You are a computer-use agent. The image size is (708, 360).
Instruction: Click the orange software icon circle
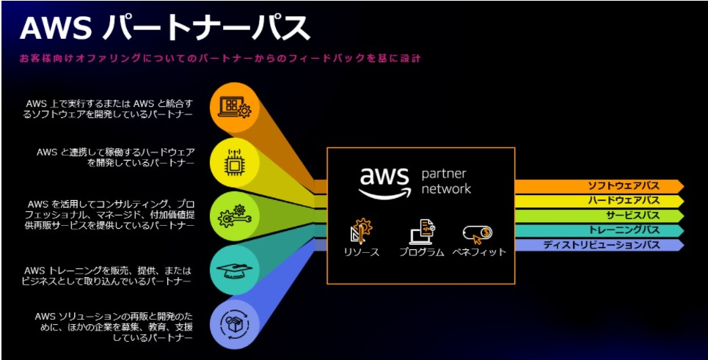pos(235,107)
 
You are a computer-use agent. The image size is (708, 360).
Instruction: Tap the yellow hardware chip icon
pos(235,163)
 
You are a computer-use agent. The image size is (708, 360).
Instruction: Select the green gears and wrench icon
pos(235,216)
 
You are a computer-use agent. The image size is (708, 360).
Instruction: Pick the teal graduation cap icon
pos(235,271)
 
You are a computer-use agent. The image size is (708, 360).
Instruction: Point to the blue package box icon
pos(235,325)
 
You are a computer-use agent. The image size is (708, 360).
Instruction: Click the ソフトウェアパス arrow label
pos(624,185)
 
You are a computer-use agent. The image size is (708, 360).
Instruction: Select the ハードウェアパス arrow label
pos(624,201)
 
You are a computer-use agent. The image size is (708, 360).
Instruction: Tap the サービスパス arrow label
pos(632,216)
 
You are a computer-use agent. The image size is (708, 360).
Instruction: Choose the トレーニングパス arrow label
pos(624,230)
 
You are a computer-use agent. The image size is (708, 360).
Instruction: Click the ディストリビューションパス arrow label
pos(601,245)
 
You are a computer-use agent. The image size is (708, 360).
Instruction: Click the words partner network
pos(446,181)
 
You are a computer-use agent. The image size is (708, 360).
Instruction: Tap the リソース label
pos(361,252)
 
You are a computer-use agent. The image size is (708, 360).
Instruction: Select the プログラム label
pos(421,252)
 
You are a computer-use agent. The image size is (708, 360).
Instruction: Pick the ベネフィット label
pos(480,252)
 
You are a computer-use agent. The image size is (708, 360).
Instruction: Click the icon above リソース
pos(361,232)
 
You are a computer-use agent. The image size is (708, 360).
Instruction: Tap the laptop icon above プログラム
pos(422,232)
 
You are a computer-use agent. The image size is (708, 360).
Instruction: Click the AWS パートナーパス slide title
pos(165,28)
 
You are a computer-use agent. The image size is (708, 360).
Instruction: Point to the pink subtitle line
pos(220,58)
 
